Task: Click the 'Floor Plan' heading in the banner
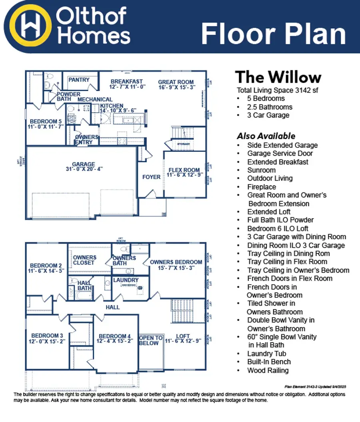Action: tap(273, 34)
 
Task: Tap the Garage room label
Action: tap(83, 167)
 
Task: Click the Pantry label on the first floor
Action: tap(79, 80)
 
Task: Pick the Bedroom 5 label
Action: tap(46, 124)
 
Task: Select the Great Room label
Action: tap(176, 84)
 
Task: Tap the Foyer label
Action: tap(151, 177)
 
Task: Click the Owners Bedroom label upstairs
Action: tap(176, 265)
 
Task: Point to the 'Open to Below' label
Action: tap(150, 340)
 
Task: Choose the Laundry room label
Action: tap(126, 280)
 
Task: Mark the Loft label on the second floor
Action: tap(183, 339)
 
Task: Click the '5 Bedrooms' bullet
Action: tap(266, 98)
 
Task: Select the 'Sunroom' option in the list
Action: tap(261, 170)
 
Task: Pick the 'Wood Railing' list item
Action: tap(268, 370)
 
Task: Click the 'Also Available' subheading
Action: tap(266, 136)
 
